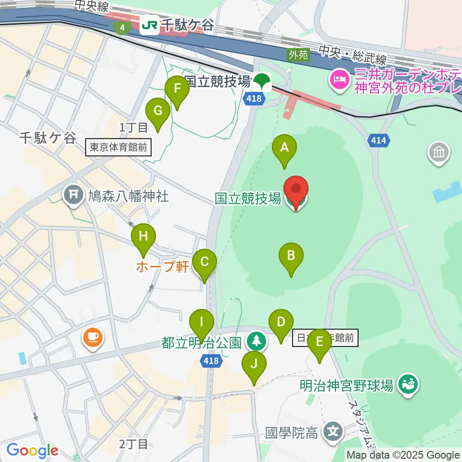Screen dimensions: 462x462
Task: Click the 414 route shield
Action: tap(378, 141)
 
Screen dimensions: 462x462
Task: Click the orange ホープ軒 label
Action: tap(162, 267)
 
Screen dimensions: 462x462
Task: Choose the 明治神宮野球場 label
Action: tap(346, 385)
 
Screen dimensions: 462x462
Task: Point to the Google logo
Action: tap(32, 450)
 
